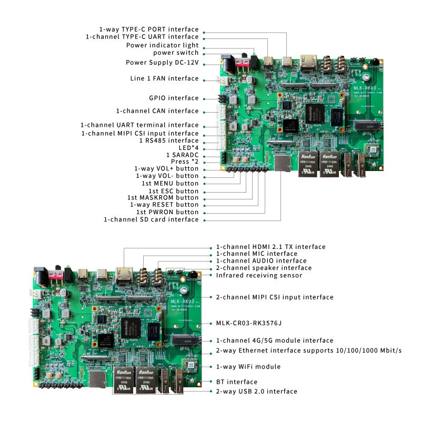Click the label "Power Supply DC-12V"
pos(162,63)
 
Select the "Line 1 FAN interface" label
pos(164,78)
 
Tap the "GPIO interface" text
pos(174,98)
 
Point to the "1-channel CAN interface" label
pos(157,111)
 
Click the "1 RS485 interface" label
pos(168,141)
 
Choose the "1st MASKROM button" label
pos(166,197)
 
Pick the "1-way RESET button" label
pos(164,205)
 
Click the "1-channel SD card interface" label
pos(151,219)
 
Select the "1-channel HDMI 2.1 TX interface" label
pos(270,247)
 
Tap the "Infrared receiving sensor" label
pos(259,275)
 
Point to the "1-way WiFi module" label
pos(248,366)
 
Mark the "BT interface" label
pos(236,382)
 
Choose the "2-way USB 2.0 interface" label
pos(256,391)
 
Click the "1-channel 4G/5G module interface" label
pos(274,340)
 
